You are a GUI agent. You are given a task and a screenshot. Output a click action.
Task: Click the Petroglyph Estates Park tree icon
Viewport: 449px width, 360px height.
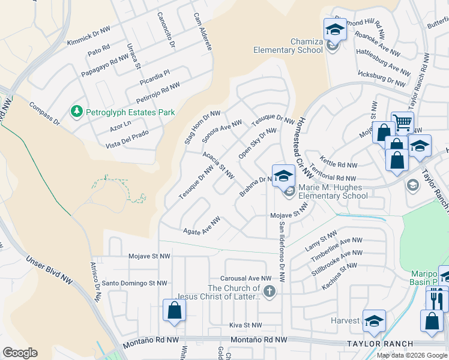pyautogui.click(x=76, y=112)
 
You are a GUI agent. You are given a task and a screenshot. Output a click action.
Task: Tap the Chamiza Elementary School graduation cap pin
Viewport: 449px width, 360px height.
pyautogui.click(x=335, y=29)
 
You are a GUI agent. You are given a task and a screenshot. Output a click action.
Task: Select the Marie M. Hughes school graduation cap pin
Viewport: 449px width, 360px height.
pyautogui.click(x=283, y=176)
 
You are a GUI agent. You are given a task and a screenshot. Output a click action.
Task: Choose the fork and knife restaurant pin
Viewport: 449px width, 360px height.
pyautogui.click(x=437, y=298)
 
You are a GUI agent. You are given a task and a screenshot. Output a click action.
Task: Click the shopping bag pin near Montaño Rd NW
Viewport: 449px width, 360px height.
pyautogui.click(x=174, y=311)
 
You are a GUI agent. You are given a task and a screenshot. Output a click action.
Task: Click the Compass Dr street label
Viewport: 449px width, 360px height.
pyautogui.click(x=44, y=113)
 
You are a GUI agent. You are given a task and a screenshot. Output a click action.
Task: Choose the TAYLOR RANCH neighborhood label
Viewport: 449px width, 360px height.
pyautogui.click(x=379, y=344)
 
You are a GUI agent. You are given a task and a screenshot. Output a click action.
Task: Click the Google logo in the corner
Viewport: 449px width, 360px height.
pyautogui.click(x=20, y=353)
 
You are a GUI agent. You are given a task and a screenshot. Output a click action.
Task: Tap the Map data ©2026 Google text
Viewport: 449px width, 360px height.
pyautogui.click(x=411, y=355)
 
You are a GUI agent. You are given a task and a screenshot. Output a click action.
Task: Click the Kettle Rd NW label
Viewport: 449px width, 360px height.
pyautogui.click(x=339, y=164)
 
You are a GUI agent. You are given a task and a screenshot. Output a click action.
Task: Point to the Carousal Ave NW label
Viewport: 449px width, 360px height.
pyautogui.click(x=246, y=278)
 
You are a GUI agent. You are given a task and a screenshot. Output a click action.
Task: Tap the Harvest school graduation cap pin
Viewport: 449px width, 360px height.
pyautogui.click(x=373, y=321)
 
